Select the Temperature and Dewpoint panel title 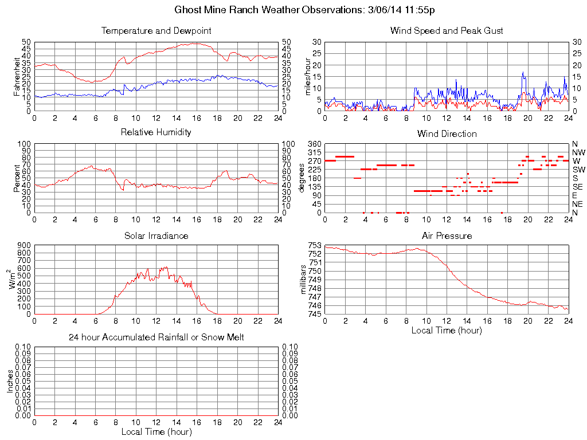tap(156, 31)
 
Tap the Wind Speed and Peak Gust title tap(447, 31)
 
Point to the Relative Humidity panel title tap(156, 132)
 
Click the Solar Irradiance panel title tap(156, 235)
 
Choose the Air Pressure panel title tap(447, 235)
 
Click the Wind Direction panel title tap(447, 133)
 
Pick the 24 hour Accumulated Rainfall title tap(156, 337)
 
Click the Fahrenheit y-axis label tap(17, 76)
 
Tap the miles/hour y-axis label tap(307, 76)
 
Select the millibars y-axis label tap(304, 280)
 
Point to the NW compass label tap(578, 152)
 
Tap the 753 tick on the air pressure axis tap(314, 245)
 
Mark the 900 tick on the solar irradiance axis tap(24, 245)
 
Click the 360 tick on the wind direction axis tap(314, 144)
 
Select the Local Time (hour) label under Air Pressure tap(447, 330)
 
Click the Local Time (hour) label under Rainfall tap(156, 431)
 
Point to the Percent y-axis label tap(17, 178)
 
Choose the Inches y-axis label tap(10, 381)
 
